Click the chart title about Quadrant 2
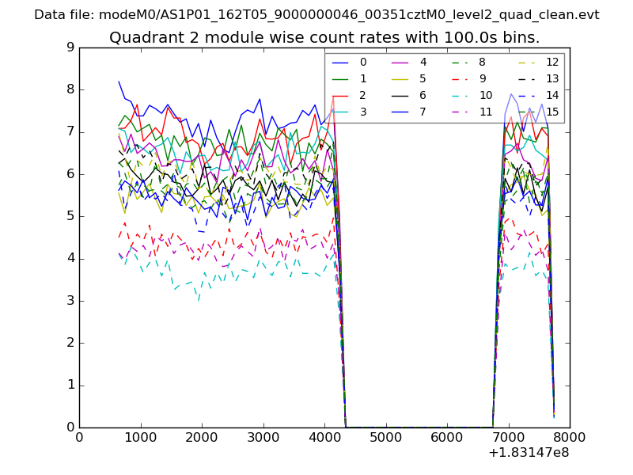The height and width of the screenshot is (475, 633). pos(324,37)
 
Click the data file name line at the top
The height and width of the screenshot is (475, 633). pos(316,15)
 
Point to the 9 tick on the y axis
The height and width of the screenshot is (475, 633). pos(71,47)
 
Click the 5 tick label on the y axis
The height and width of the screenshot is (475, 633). pos(71,216)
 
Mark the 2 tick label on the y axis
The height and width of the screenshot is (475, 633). pos(71,343)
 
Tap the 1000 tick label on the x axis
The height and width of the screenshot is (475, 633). pos(140,437)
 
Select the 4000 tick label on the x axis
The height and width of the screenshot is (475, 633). pos(324,437)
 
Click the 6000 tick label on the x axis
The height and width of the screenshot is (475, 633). pos(447,437)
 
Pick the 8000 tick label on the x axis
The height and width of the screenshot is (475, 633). pos(570,437)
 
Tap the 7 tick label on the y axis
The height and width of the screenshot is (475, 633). pos(71,131)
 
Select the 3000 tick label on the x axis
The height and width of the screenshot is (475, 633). pos(263,437)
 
